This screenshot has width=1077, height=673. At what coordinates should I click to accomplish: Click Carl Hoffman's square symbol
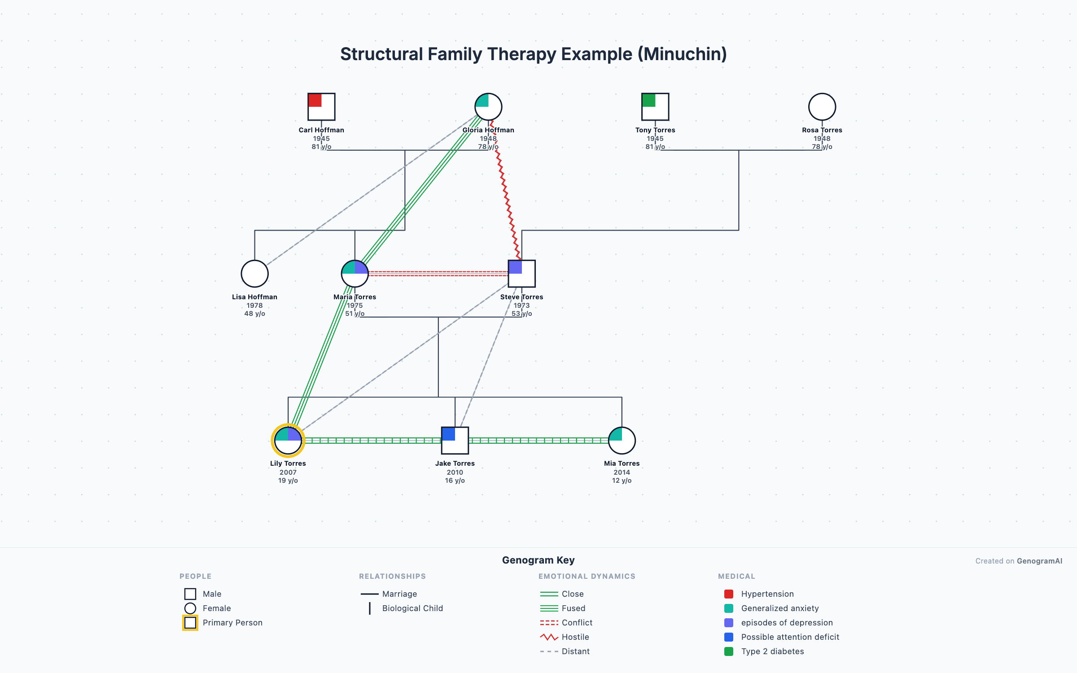(321, 107)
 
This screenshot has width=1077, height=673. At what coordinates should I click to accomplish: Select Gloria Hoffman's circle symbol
(488, 107)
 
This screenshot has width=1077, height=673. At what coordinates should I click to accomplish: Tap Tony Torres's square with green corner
(655, 107)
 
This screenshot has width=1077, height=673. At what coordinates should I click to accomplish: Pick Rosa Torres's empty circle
(822, 107)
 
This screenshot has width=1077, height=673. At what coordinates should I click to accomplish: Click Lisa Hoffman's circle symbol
(254, 274)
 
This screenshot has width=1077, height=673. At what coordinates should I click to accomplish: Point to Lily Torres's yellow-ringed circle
(288, 441)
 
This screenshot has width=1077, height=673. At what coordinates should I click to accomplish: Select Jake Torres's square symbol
(455, 441)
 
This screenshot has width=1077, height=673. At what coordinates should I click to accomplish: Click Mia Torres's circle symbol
(622, 441)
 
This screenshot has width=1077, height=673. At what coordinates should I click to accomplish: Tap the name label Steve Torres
(521, 297)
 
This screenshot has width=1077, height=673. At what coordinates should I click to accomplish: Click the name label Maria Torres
(355, 297)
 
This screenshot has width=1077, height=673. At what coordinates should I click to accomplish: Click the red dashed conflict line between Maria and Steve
(438, 273)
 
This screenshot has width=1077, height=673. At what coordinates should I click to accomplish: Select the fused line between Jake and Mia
(538, 441)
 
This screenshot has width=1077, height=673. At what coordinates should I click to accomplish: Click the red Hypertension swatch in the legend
(729, 594)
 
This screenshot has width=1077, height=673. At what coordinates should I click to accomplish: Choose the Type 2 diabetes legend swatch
(729, 651)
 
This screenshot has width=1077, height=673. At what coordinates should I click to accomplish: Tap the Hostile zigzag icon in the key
(549, 637)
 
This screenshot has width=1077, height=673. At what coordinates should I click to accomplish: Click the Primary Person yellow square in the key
(190, 623)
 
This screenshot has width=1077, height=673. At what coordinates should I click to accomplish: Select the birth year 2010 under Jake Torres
(455, 472)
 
